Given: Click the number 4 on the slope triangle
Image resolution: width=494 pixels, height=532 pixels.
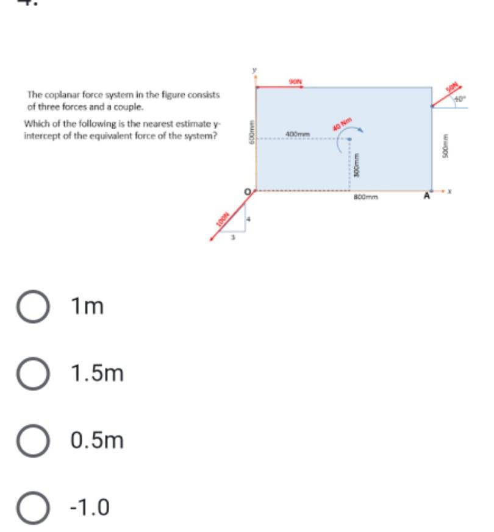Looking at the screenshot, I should click(248, 219).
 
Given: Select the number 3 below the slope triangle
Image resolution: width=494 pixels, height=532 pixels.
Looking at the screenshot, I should click(232, 238).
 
